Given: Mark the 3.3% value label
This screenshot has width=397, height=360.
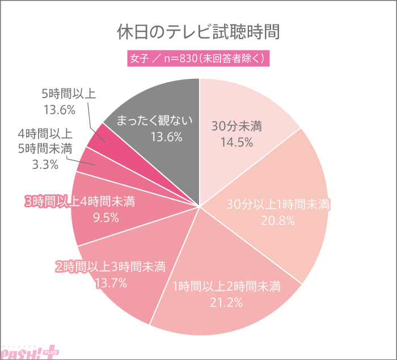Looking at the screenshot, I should point(45,165).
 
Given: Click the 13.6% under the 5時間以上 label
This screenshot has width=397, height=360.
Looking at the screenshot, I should point(59,109).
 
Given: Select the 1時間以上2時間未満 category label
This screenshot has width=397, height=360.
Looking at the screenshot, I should point(226,285).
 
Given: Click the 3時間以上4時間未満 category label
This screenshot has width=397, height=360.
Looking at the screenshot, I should point(79,202).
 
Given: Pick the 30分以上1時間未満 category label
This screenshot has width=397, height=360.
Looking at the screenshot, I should point(278,205).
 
